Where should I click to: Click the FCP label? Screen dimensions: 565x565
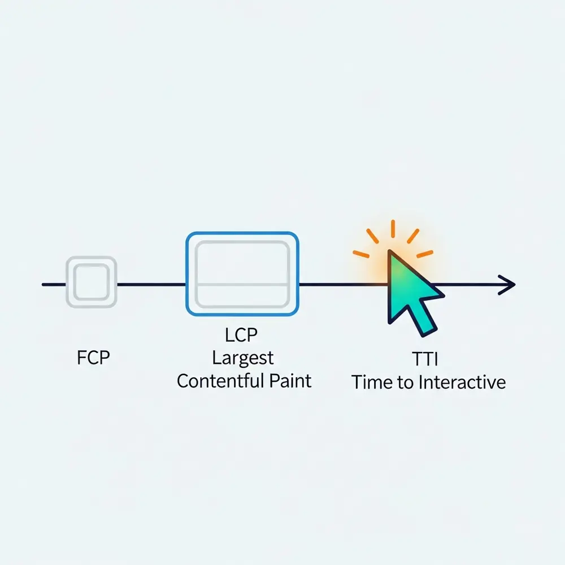click(93, 358)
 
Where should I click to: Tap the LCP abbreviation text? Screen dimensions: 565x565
click(241, 334)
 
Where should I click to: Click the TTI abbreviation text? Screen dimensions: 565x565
click(425, 359)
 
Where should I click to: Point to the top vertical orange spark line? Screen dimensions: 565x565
click(393, 229)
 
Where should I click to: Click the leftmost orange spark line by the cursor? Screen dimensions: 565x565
click(361, 254)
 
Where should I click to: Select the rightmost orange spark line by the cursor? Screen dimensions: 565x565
click(425, 254)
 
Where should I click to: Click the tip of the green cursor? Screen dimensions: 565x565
click(390, 251)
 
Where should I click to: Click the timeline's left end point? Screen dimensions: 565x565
click(44, 285)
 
